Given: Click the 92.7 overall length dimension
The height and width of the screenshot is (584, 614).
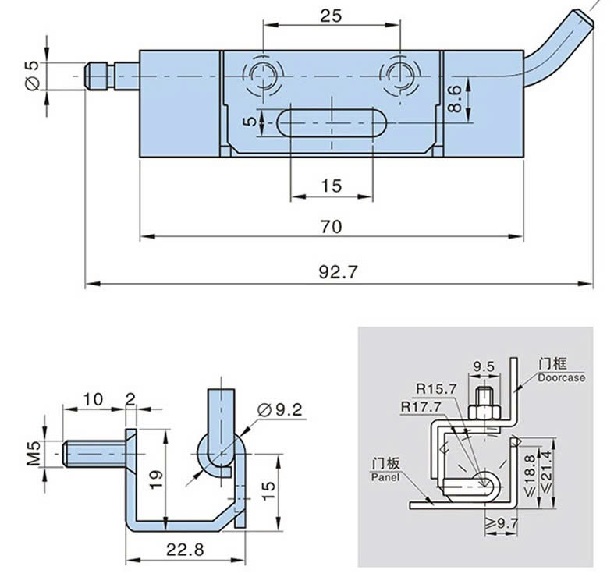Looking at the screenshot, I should pyautogui.click(x=338, y=273).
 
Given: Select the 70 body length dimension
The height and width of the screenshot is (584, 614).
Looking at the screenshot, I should pyautogui.click(x=331, y=226).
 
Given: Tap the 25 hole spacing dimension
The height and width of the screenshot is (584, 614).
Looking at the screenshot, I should pyautogui.click(x=331, y=16).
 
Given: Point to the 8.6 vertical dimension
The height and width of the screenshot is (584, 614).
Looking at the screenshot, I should pyautogui.click(x=459, y=100).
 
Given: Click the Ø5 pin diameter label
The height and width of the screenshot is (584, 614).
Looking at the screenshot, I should pyautogui.click(x=32, y=75).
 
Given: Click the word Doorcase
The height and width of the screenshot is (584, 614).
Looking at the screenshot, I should pyautogui.click(x=560, y=377).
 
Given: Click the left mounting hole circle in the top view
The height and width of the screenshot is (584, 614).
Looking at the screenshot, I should pyautogui.click(x=263, y=75).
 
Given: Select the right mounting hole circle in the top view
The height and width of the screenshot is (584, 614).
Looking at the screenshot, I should pyautogui.click(x=399, y=75).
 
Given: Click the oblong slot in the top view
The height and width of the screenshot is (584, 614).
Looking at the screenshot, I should pyautogui.click(x=331, y=123).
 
